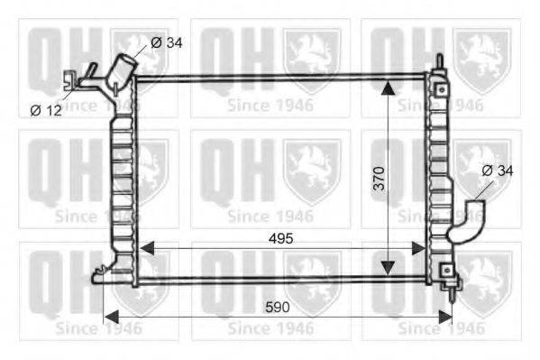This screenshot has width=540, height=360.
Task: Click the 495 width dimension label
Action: (280, 238)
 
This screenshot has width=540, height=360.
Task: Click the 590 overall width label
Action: (278, 307)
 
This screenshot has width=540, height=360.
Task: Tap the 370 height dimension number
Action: (380, 179)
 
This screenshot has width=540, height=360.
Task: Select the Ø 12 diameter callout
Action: (46, 110)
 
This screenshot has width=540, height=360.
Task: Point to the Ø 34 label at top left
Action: (167, 42)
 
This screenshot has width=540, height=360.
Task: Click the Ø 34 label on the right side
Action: (498, 171)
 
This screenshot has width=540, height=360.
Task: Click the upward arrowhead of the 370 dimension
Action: (389, 88)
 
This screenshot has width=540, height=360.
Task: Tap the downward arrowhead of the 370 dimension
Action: (389, 268)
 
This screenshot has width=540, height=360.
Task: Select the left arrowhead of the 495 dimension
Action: (148, 248)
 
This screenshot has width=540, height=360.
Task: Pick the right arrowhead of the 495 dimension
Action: (419, 248)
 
